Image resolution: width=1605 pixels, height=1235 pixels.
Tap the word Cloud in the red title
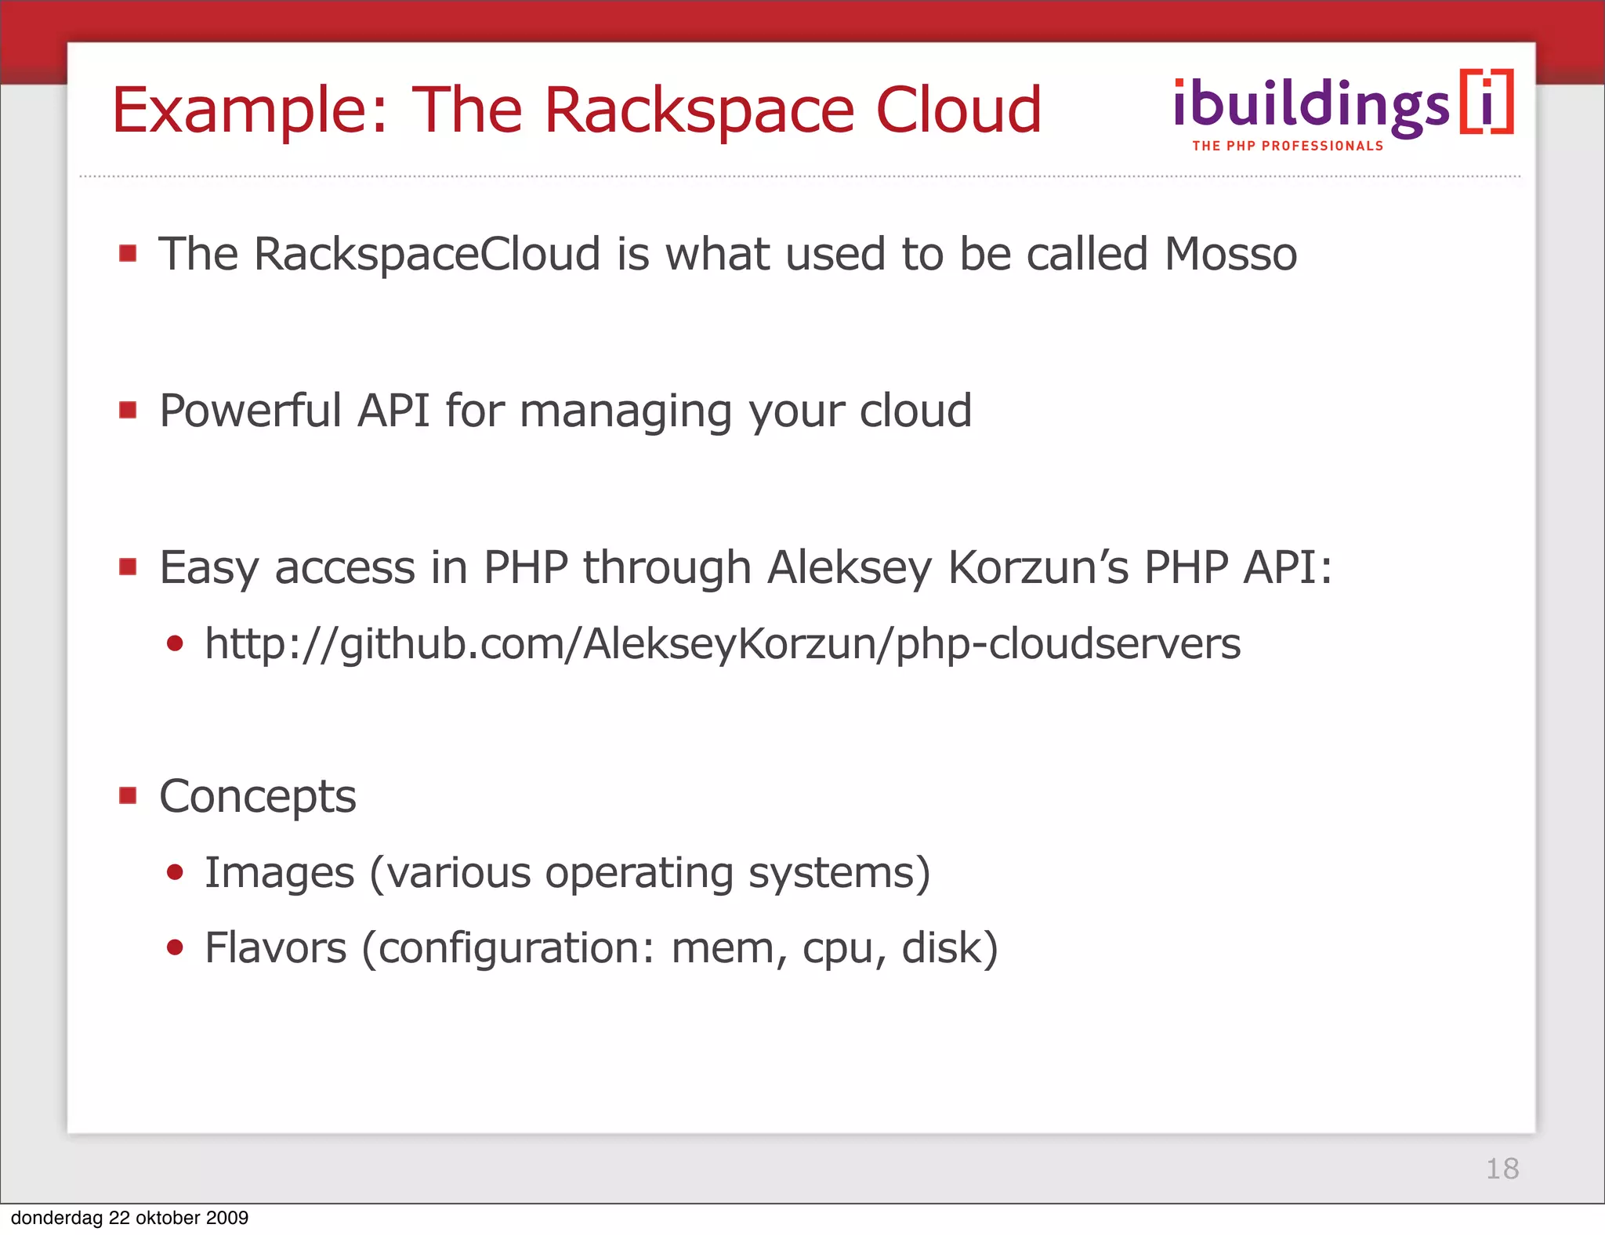(x=958, y=110)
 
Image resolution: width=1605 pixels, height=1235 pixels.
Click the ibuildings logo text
(x=1310, y=106)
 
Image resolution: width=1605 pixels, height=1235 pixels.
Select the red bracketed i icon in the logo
(x=1486, y=103)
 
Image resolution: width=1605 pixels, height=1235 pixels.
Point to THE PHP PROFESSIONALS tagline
(x=1288, y=147)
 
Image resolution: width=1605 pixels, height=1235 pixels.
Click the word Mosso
(x=1230, y=255)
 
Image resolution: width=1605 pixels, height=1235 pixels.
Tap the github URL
(x=722, y=644)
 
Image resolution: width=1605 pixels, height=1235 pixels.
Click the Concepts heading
(x=257, y=797)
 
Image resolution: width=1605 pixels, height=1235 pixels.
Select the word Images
(x=279, y=873)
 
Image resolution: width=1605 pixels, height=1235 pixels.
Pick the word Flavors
(x=275, y=948)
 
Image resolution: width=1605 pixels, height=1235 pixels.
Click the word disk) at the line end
(x=949, y=948)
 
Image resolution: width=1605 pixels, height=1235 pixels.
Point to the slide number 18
(x=1502, y=1168)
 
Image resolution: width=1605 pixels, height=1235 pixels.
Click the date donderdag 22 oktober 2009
(x=129, y=1218)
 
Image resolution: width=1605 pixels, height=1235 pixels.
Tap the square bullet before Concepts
(x=128, y=796)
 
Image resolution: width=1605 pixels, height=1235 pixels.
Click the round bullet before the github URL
(x=175, y=644)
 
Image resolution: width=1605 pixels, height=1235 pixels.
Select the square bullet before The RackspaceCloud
(x=128, y=253)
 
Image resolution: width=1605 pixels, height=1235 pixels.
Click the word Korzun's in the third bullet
(x=1038, y=568)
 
